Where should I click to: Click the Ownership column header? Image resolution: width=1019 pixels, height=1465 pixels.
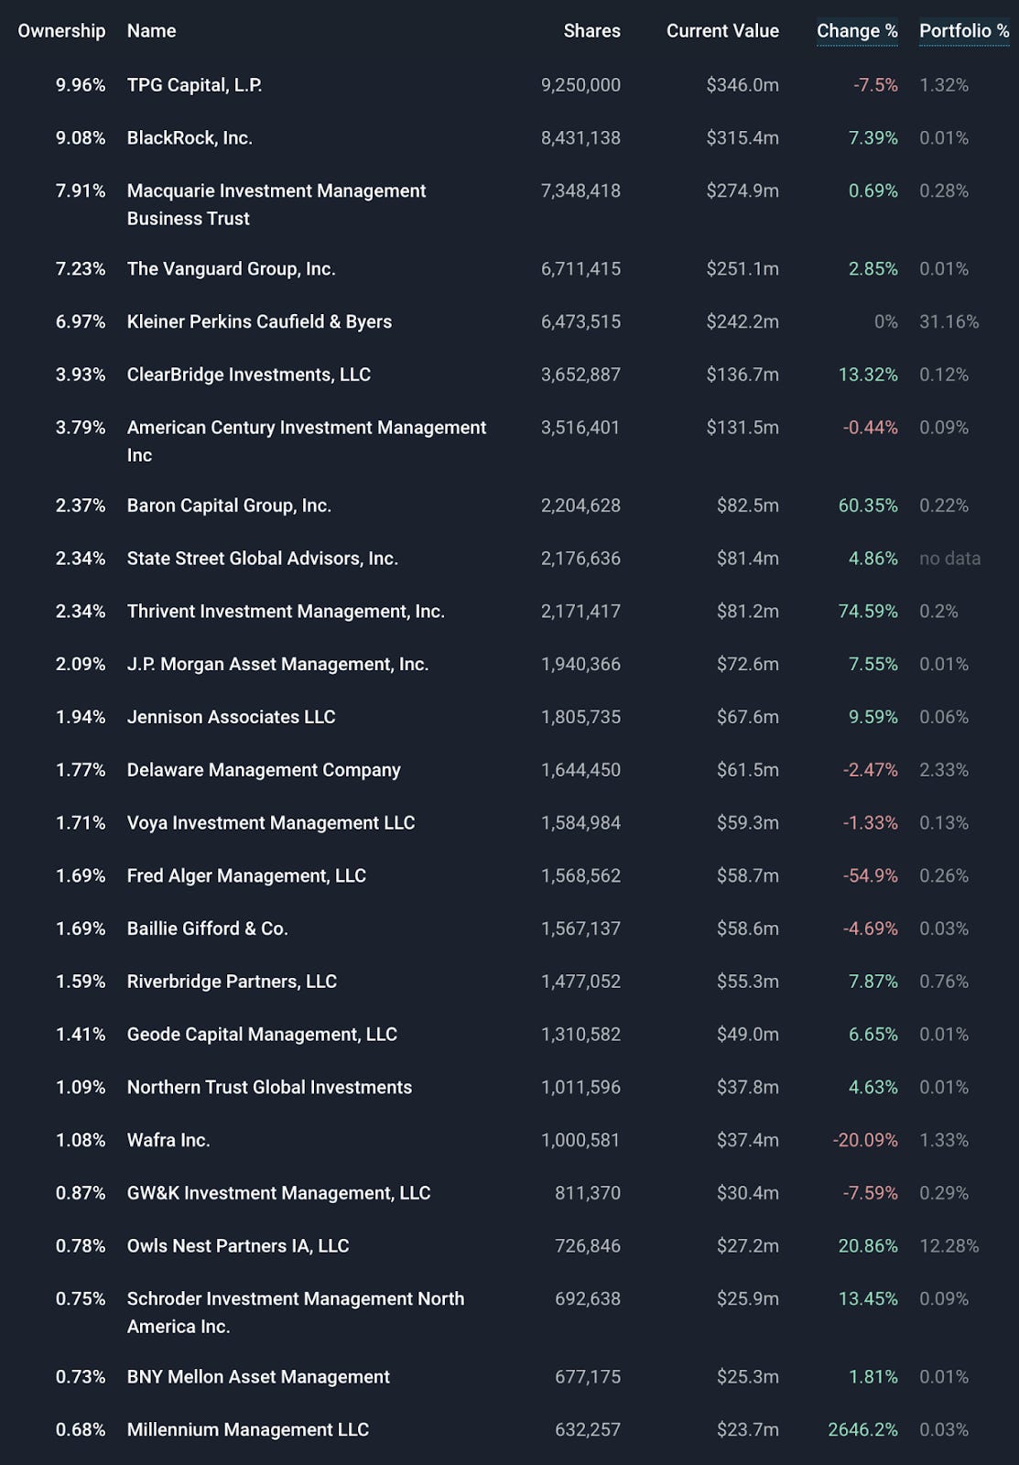[x=61, y=31]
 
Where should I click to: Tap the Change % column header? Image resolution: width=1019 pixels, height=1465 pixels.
[x=857, y=31]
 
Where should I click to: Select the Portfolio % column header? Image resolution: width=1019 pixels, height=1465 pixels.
[x=964, y=31]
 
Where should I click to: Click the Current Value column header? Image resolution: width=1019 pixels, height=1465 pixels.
[x=722, y=31]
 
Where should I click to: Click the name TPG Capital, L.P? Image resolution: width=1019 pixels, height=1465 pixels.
[x=194, y=85]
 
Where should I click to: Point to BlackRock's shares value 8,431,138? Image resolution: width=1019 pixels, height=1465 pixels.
[x=580, y=138]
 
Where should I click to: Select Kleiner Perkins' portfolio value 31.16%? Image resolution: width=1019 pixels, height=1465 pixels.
[x=949, y=322]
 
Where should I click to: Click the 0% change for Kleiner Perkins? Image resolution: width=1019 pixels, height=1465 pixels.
[x=885, y=322]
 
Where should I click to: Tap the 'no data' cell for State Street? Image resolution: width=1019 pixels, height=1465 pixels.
[x=949, y=559]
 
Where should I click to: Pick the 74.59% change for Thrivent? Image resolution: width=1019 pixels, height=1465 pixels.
[x=868, y=612]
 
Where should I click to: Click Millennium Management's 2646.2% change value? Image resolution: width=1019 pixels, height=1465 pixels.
[x=862, y=1430]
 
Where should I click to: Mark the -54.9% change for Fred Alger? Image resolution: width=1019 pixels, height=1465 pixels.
[x=870, y=876]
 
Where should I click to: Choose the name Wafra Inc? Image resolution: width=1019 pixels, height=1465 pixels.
[x=168, y=1141]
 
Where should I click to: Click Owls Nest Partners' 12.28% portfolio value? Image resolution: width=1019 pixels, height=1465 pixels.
[x=949, y=1246]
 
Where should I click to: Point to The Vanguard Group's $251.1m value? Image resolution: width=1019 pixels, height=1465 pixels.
[x=743, y=269]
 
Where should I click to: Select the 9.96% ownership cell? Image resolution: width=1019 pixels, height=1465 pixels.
[x=81, y=85]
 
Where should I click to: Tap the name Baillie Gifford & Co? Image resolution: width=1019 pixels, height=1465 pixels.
[x=207, y=929]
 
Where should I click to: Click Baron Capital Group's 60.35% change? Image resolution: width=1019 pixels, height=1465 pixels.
[x=868, y=506]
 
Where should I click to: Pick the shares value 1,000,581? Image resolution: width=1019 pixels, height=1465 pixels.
[x=580, y=1141]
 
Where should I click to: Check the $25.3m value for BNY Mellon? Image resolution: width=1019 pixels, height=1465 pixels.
[x=747, y=1377]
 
